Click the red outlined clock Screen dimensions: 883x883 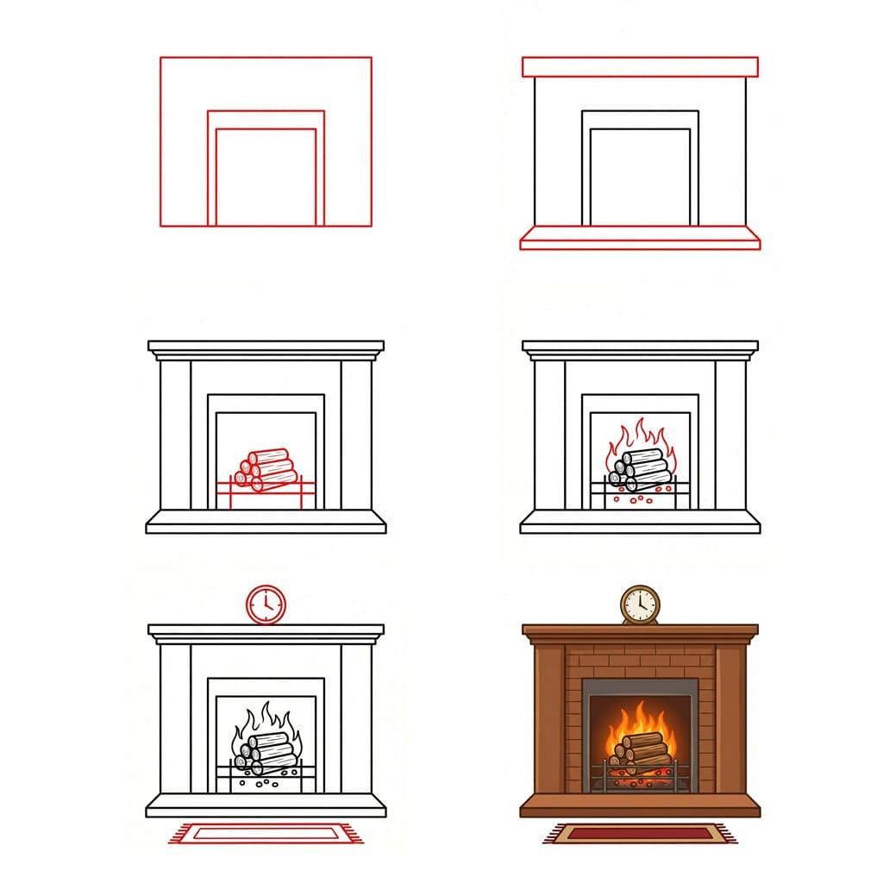point(266,604)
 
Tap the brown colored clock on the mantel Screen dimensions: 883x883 point(640,604)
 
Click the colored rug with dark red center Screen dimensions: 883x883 point(640,833)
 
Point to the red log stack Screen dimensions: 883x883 point(267,468)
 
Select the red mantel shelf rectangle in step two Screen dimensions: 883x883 point(640,67)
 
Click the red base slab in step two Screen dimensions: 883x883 point(640,238)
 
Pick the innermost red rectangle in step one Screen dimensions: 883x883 point(266,177)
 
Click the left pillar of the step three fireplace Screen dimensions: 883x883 point(175,435)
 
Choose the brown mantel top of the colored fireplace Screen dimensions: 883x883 point(640,631)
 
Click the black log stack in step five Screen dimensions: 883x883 point(266,750)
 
